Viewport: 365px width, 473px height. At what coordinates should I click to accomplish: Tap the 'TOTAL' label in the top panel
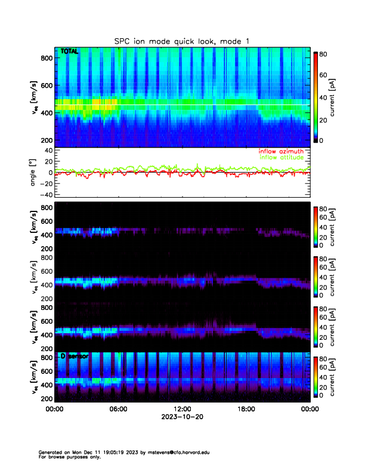[x=69, y=53]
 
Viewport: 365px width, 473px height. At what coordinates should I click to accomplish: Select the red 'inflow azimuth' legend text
[x=281, y=152]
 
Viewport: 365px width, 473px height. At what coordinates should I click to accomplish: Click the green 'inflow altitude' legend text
[x=281, y=158]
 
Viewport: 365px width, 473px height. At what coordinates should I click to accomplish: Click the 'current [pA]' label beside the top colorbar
[x=340, y=96]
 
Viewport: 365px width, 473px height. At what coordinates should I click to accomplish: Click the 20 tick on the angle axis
[x=48, y=161]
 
